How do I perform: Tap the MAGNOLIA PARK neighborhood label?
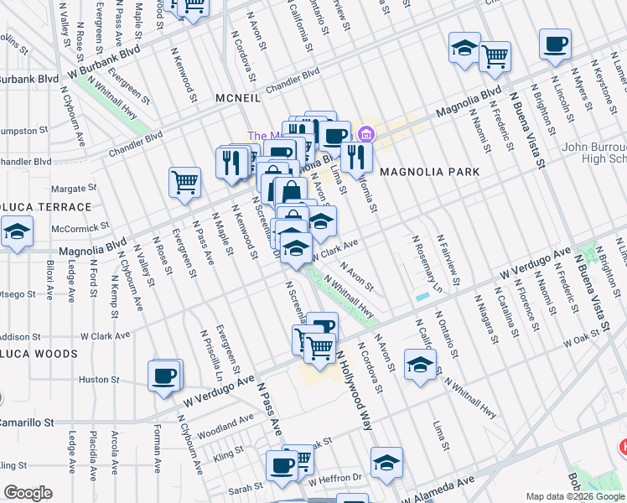(430, 172)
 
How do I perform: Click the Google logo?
(28, 493)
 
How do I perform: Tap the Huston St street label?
(94, 380)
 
